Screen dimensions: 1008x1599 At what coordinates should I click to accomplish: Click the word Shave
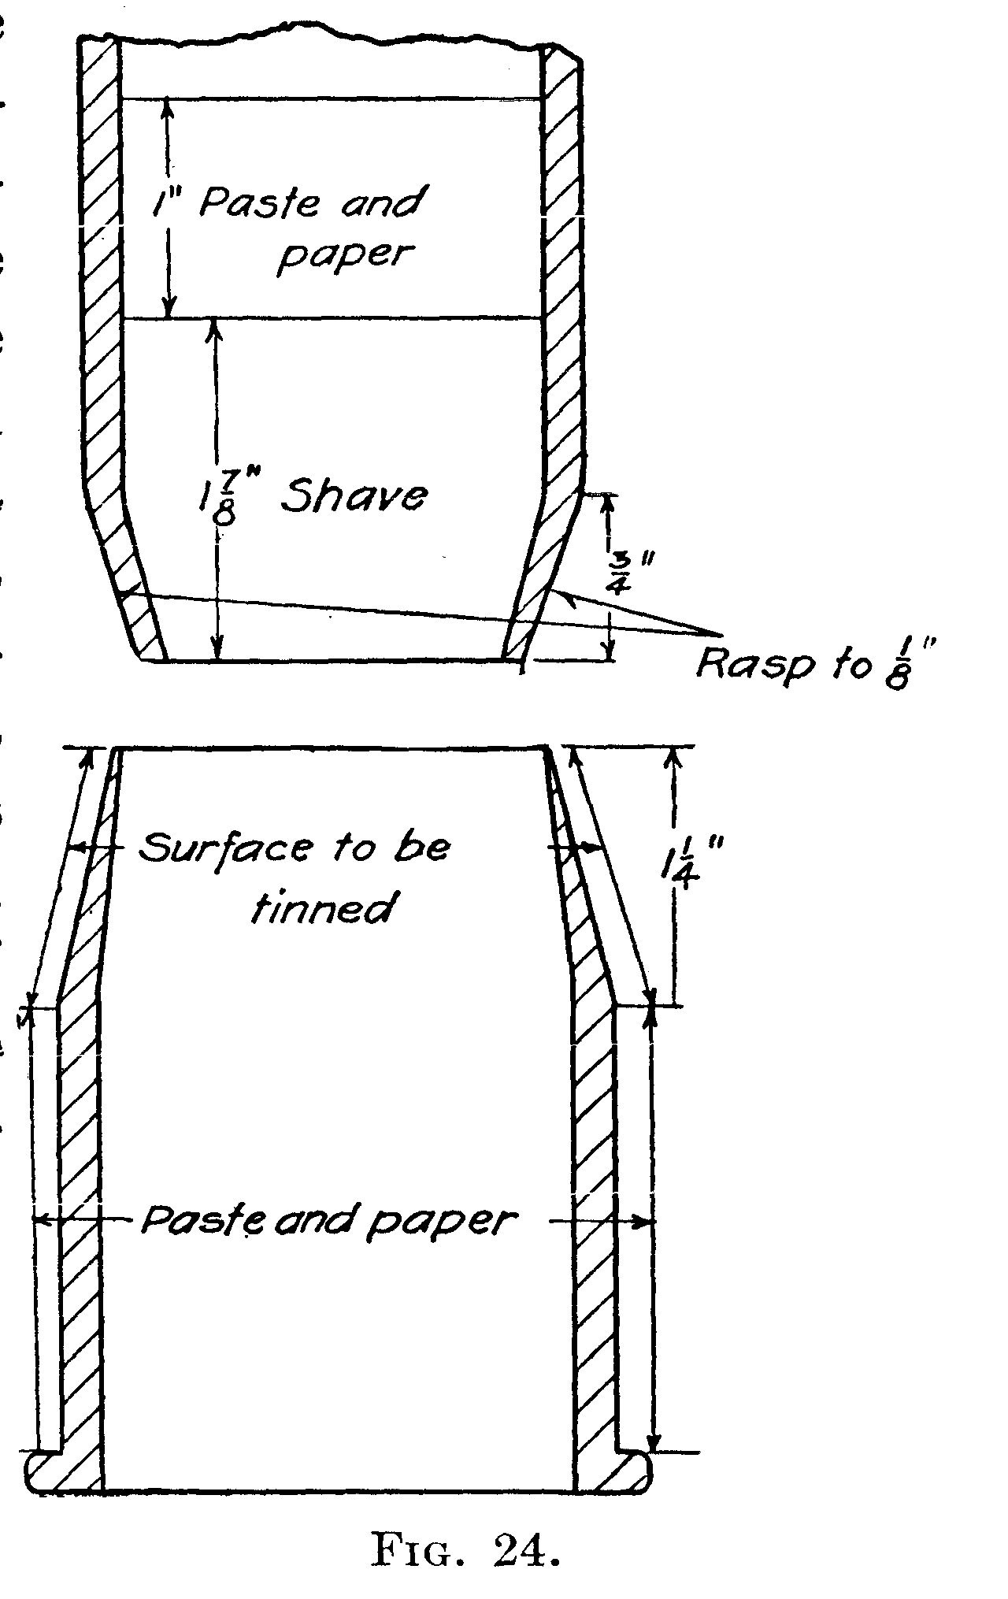[x=355, y=496]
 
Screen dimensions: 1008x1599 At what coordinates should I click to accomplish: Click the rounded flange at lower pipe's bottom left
[x=63, y=1470]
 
